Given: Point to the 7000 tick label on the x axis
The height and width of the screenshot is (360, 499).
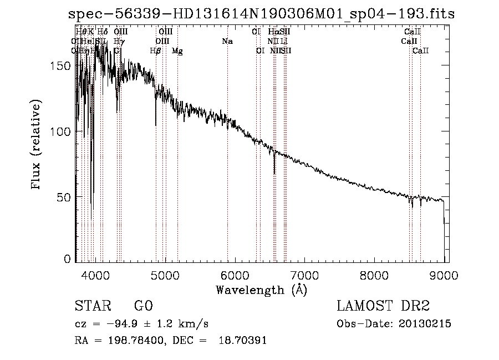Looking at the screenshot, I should tap(304, 275).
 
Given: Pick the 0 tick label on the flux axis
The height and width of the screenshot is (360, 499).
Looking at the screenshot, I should tap(67, 259).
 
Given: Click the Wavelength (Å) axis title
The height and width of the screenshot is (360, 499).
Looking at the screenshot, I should tap(261, 290).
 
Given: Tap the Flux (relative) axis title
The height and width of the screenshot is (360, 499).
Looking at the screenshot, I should tap(37, 145).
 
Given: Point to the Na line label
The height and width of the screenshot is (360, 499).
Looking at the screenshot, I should tap(227, 42).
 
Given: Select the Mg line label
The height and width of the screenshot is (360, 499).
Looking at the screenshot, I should tap(177, 51).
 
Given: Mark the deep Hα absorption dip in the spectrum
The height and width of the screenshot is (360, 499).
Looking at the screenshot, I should tap(274, 166).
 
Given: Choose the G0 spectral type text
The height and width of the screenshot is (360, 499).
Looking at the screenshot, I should tap(143, 306).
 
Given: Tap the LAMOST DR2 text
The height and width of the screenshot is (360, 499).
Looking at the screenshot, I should tap(383, 306).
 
